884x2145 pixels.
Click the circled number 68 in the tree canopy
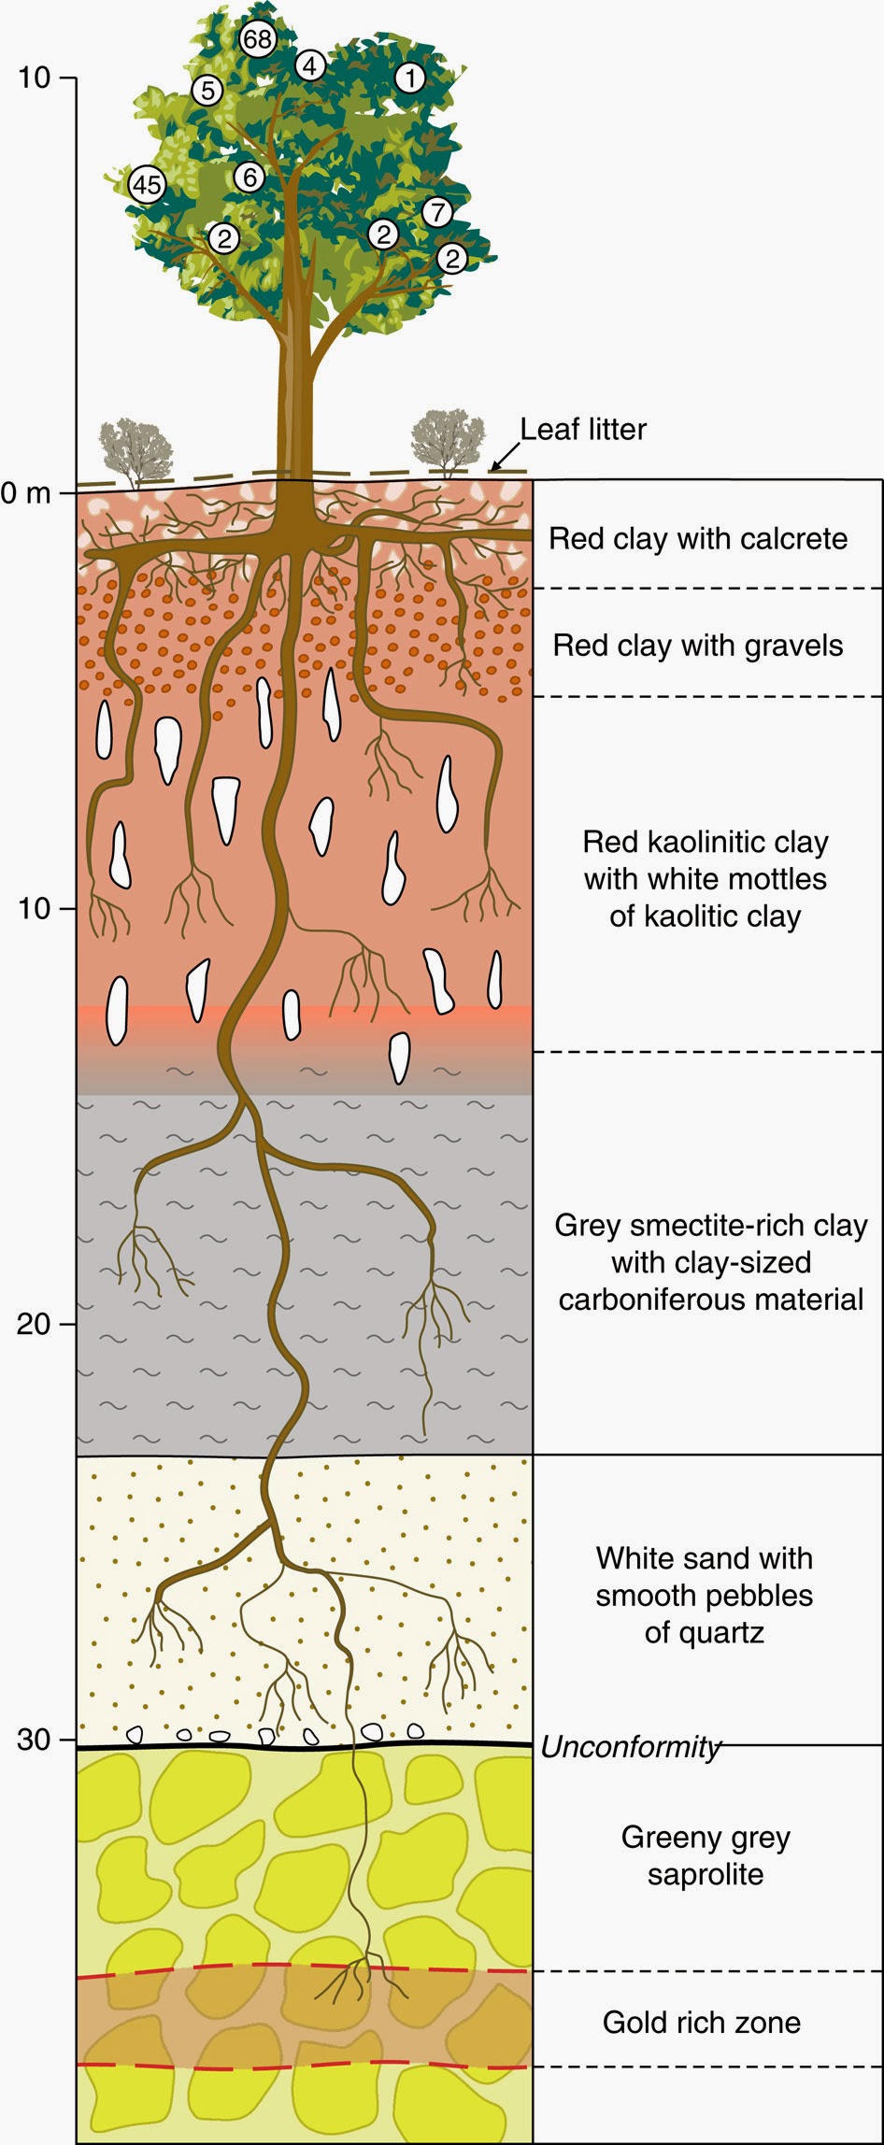tap(258, 39)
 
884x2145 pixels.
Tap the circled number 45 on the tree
tap(146, 184)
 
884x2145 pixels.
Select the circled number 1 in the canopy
tap(409, 78)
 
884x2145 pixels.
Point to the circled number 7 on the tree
tap(436, 212)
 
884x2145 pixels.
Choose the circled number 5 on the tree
tap(207, 91)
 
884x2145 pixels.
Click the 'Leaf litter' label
tap(583, 430)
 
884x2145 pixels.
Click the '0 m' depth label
tap(25, 493)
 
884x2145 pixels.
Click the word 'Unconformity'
tap(631, 1747)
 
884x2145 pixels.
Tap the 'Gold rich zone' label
tap(701, 2023)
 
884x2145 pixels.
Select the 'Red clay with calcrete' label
tap(698, 539)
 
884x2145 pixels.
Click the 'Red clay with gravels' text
tap(698, 646)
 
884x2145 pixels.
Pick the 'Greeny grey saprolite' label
tap(706, 1855)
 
